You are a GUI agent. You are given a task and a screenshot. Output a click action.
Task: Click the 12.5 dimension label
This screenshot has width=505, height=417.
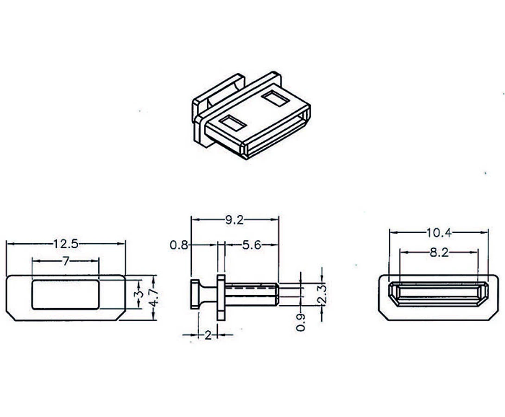(x=66, y=244)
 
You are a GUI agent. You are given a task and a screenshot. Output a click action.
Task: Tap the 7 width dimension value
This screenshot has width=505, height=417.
(x=66, y=261)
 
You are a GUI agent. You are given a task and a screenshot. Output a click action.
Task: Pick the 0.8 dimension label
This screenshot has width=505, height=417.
(x=179, y=246)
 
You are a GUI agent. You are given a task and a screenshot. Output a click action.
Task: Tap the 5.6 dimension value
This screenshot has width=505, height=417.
(x=252, y=246)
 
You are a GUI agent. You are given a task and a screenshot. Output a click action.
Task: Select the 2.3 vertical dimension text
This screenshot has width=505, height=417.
(x=322, y=294)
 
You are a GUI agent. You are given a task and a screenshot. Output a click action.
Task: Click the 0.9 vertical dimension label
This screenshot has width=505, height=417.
(x=301, y=322)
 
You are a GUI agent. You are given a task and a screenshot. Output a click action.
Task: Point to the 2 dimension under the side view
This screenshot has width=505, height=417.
(x=208, y=335)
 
